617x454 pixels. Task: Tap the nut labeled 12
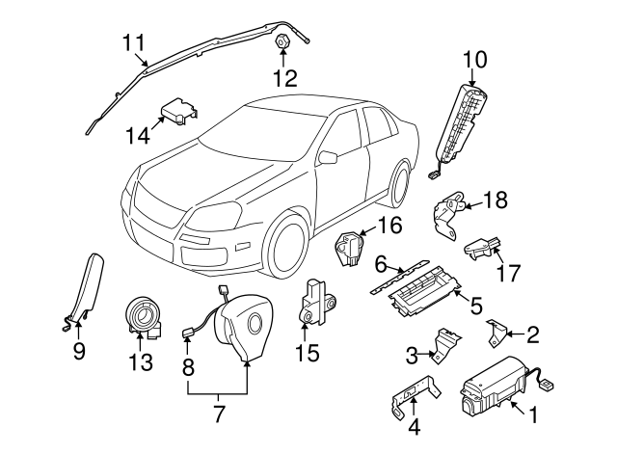(x=283, y=43)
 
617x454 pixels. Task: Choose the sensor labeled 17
(x=483, y=246)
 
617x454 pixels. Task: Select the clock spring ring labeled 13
(x=146, y=316)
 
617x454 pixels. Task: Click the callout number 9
(x=79, y=352)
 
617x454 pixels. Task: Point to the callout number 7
(x=218, y=415)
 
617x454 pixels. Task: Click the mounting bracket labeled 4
(x=415, y=401)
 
